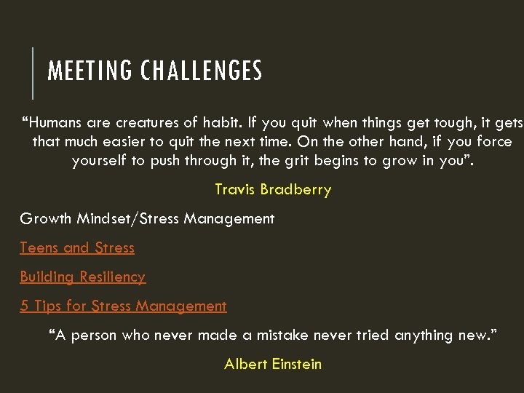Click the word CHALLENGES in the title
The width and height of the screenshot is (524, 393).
click(x=201, y=71)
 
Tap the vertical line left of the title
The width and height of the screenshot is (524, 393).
click(x=33, y=72)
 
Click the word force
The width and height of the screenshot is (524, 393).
click(x=494, y=142)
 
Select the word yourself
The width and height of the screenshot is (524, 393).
click(x=99, y=160)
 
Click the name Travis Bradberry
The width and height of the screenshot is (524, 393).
click(x=273, y=189)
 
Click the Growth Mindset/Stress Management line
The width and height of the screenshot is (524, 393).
click(x=147, y=218)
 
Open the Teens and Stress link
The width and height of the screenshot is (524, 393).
click(x=77, y=247)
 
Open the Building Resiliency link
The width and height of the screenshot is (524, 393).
click(x=82, y=277)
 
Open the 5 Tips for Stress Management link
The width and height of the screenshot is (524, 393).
click(x=123, y=306)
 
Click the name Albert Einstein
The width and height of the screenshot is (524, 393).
click(x=273, y=364)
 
